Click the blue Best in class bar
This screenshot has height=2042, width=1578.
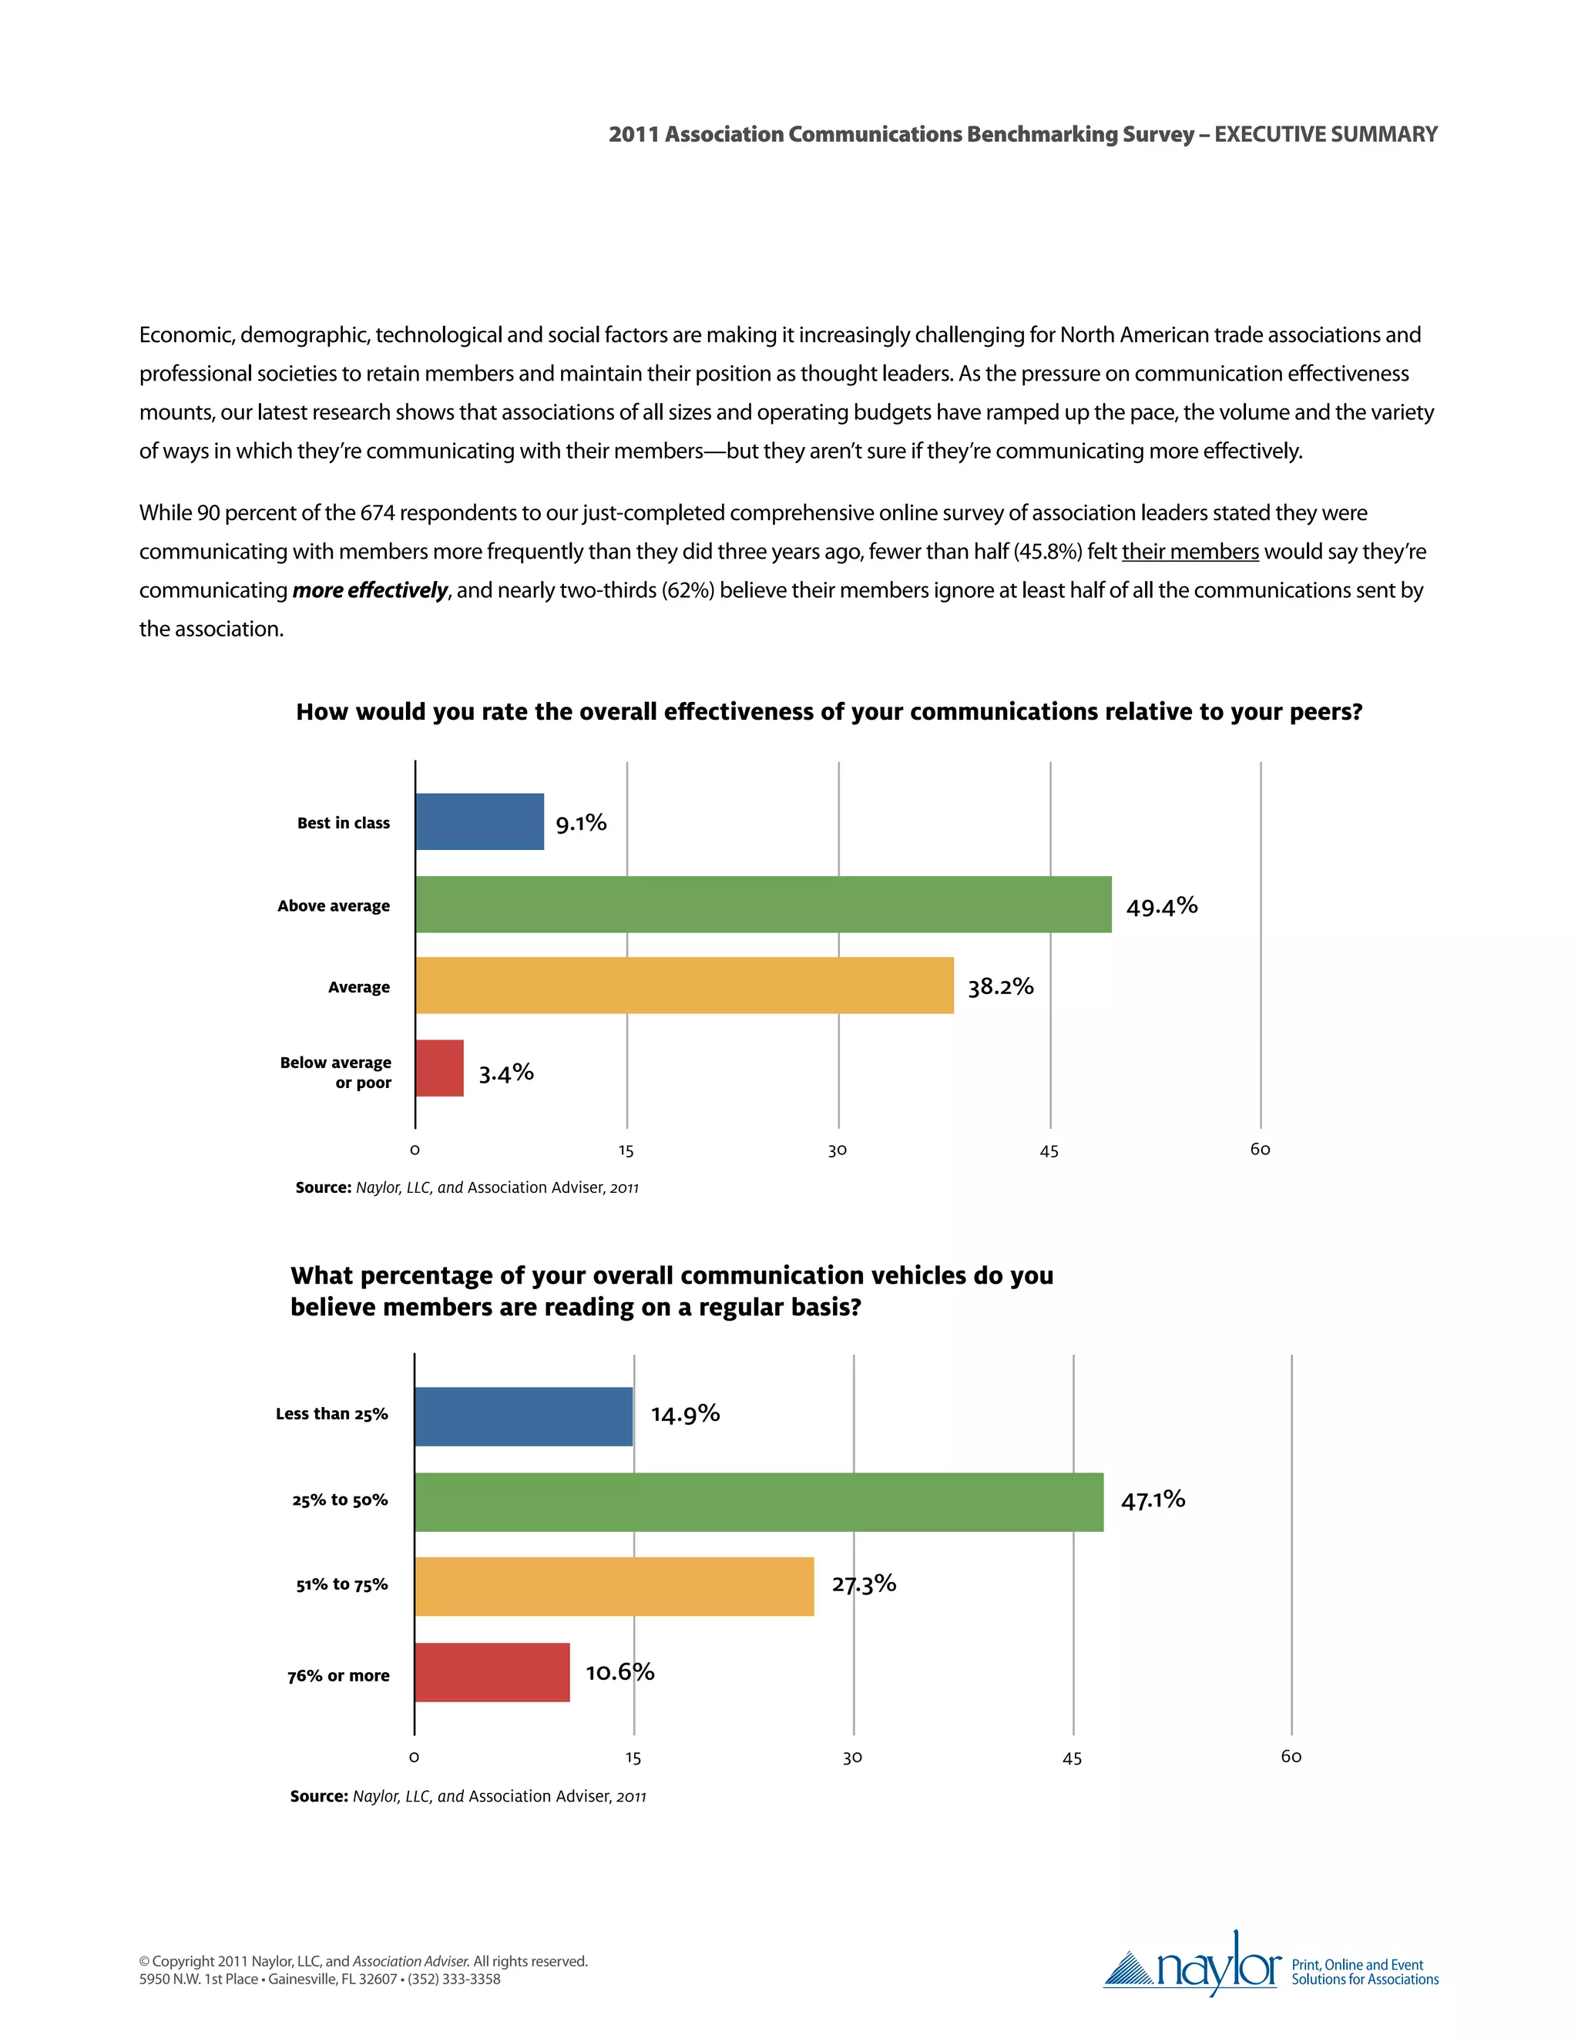coord(479,822)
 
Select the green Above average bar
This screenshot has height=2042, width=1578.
coord(763,904)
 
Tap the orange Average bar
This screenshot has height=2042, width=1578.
coord(684,986)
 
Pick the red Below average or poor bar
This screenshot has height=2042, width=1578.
coord(439,1068)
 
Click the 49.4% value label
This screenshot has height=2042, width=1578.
coord(1161,906)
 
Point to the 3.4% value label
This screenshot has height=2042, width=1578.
coord(505,1073)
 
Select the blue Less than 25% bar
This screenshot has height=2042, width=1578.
coord(523,1416)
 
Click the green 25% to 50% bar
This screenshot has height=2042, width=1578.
coord(758,1502)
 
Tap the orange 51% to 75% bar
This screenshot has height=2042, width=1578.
coord(614,1587)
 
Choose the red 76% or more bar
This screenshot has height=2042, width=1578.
coord(492,1672)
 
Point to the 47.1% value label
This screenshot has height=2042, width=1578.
coord(1153,1500)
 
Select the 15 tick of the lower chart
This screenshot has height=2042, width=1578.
coord(633,1758)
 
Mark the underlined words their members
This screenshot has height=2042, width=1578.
coord(1190,552)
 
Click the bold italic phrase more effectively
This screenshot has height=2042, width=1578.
coord(369,590)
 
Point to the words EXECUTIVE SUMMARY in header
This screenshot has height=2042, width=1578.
coord(1325,135)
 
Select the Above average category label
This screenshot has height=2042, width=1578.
coord(334,905)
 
